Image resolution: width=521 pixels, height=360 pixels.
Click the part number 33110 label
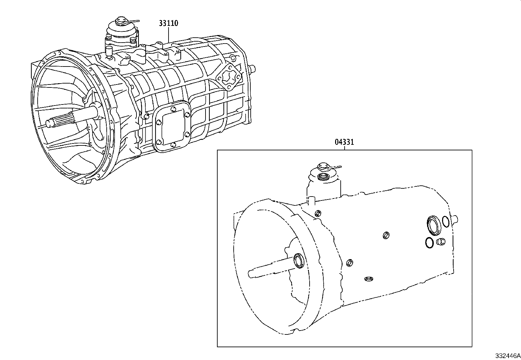[168, 23]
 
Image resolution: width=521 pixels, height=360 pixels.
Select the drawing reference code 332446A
[507, 356]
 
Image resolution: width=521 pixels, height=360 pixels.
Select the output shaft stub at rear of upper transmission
[253, 68]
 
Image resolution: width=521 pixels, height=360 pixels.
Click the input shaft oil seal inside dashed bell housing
[299, 260]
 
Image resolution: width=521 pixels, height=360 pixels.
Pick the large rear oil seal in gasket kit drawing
[433, 225]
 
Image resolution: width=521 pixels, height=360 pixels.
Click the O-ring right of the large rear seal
[445, 221]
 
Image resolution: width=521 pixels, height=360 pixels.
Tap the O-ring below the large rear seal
[429, 242]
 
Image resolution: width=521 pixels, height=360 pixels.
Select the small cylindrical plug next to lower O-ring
[440, 242]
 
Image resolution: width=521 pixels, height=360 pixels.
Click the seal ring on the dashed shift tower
[323, 177]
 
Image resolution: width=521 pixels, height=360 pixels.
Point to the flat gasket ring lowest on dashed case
[368, 279]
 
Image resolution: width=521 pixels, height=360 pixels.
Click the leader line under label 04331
[344, 148]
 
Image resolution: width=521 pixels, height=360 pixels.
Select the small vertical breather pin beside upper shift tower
[108, 51]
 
